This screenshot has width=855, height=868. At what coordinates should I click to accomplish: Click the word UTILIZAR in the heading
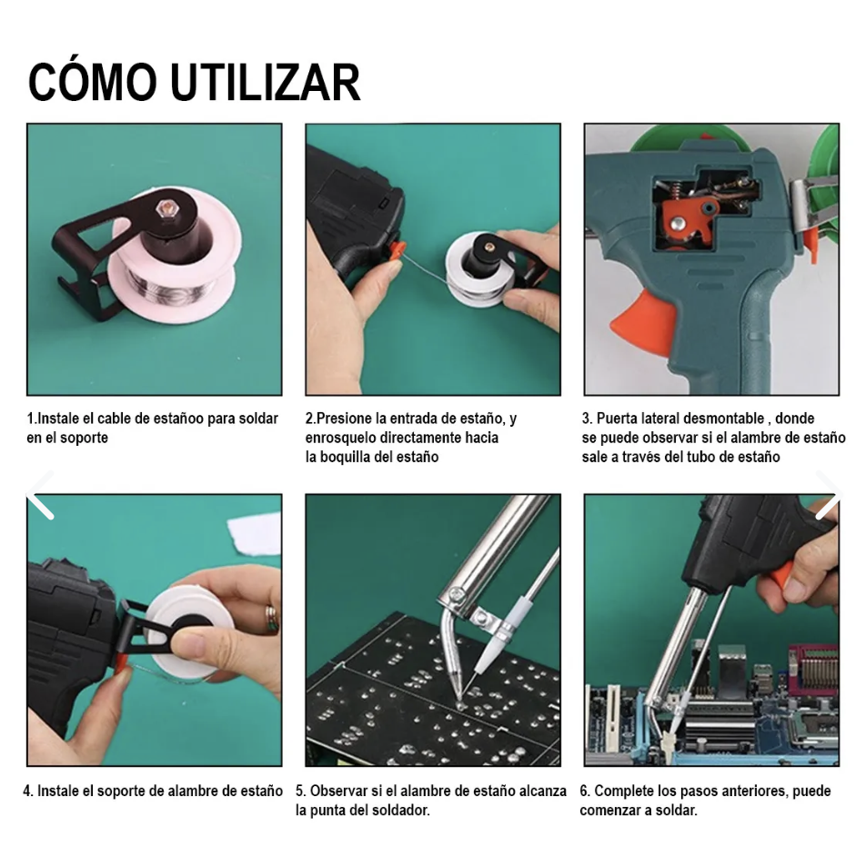point(265,83)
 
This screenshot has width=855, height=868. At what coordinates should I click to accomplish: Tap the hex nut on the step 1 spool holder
point(165,207)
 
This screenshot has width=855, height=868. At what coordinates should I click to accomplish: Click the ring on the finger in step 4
point(271,619)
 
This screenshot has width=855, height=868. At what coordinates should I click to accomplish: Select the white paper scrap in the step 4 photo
point(255,532)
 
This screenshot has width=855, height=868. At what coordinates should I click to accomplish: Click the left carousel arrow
point(41,496)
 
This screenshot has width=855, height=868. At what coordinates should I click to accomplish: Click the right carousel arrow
point(828,496)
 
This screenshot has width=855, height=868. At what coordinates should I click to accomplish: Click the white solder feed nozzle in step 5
point(489,648)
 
